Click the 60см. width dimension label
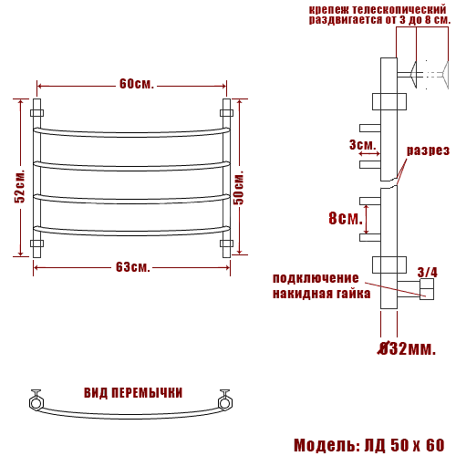click(137, 84)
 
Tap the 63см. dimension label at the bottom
click(133, 267)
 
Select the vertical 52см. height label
click(20, 186)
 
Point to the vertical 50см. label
click(239, 188)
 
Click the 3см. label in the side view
click(363, 145)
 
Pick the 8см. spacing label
click(346, 218)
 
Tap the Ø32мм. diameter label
click(407, 348)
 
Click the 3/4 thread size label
click(428, 273)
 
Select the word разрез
click(428, 150)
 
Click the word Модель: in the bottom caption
click(326, 445)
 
